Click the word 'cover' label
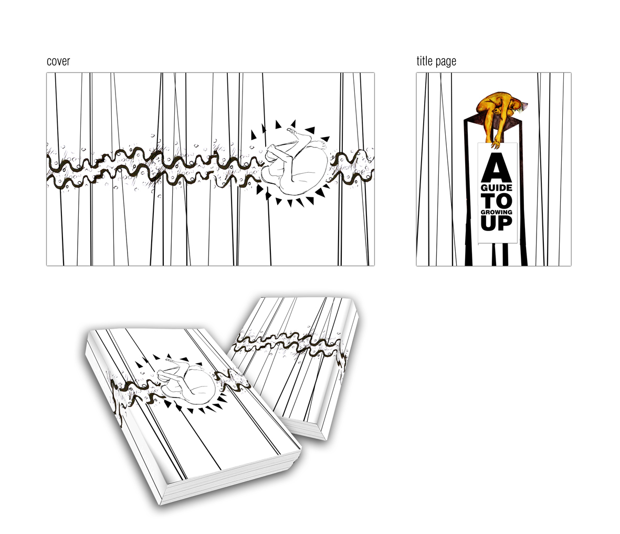pyautogui.click(x=58, y=61)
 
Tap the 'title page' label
pyautogui.click(x=436, y=61)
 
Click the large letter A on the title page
pyautogui.click(x=496, y=167)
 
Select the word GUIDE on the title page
pyautogui.click(x=497, y=187)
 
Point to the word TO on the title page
pyautogui.click(x=497, y=201)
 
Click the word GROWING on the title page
pyautogui.click(x=497, y=212)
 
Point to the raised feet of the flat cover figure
pyautogui.click(x=295, y=132)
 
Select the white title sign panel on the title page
pyautogui.click(x=497, y=193)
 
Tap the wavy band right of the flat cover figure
pyautogui.click(x=352, y=166)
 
